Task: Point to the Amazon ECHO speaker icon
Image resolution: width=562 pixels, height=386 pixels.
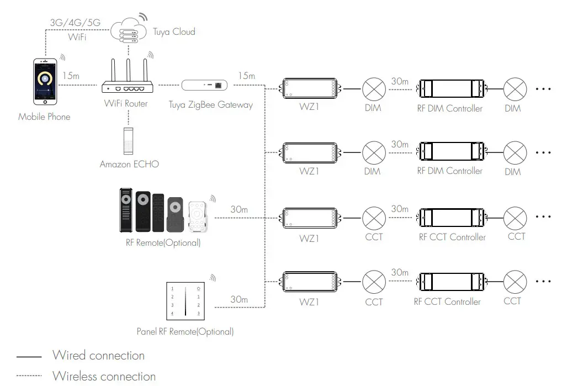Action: pos(128,140)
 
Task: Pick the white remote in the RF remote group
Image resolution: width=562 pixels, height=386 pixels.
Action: pos(197,216)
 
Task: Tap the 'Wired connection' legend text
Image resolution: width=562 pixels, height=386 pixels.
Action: pos(98,355)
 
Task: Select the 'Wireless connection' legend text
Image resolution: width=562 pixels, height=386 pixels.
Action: pos(104,377)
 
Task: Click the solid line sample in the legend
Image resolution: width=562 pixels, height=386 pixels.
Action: pos(29,356)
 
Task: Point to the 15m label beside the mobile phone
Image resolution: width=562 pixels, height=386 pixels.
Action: pos(71,76)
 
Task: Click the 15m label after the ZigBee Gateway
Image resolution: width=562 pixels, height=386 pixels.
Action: pos(246,75)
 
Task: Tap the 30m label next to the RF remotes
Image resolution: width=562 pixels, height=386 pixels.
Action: pos(238,210)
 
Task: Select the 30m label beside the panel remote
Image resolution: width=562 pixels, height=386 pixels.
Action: pos(238,299)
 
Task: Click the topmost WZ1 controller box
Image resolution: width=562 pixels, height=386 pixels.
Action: pos(309,87)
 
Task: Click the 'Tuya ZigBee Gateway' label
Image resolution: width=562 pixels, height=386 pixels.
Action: pos(210,104)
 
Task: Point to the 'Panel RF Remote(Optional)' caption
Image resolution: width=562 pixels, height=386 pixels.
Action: pos(185,331)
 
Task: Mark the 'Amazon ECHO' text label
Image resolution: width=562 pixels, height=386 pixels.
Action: pos(129,164)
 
